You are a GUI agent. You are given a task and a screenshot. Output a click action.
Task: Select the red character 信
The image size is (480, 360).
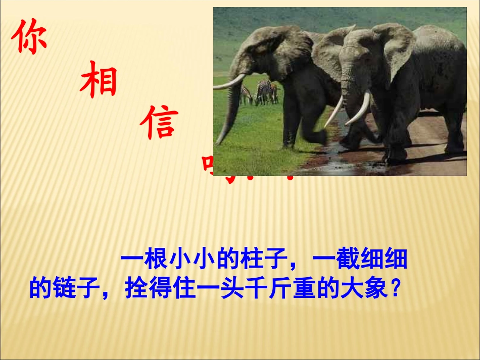tap(160, 123)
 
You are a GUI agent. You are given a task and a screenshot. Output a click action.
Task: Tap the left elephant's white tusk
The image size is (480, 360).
tap(230, 83)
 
